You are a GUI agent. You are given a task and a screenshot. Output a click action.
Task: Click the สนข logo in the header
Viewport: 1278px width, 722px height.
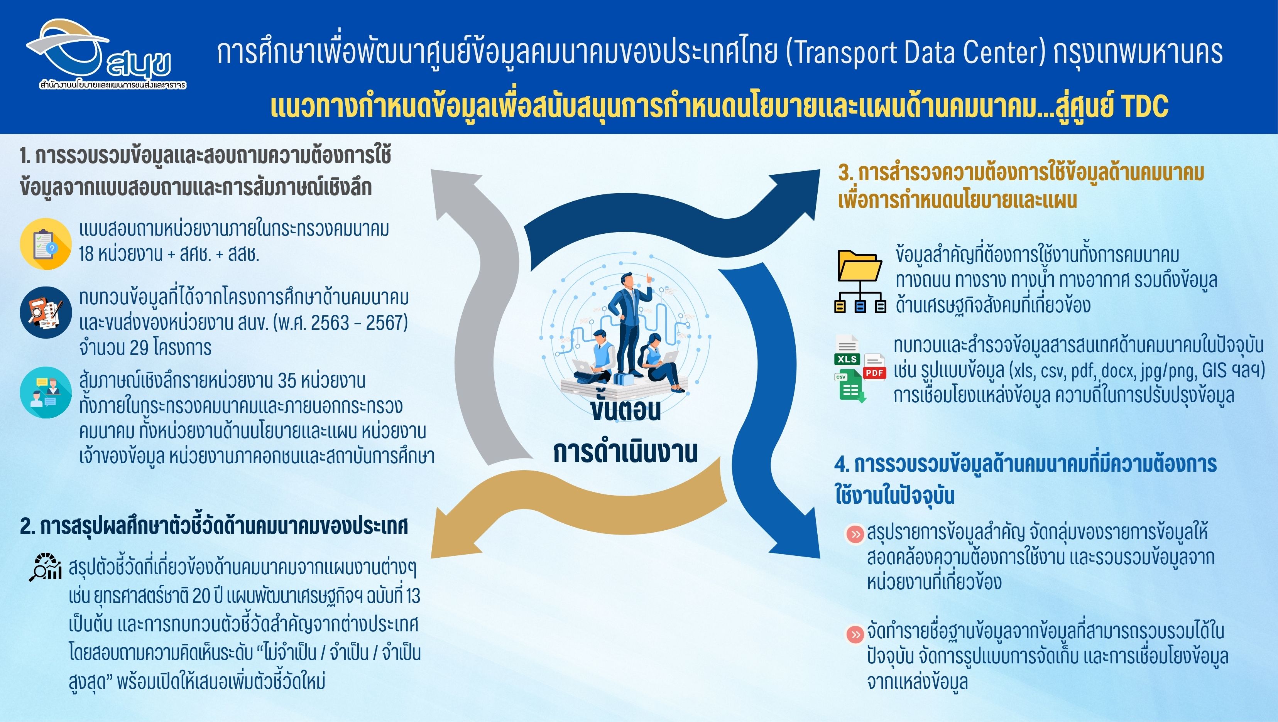coord(106,54)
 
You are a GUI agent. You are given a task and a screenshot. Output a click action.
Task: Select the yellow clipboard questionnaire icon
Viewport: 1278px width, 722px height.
coord(46,244)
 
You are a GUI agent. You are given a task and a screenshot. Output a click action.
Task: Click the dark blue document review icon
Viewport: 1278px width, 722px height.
coord(46,313)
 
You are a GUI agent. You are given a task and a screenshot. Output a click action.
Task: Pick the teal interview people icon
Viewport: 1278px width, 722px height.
coord(46,393)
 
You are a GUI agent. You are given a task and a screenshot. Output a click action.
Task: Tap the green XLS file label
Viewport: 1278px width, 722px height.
coord(847,359)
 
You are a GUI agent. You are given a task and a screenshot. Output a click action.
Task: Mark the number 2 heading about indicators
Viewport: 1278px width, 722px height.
coord(214,526)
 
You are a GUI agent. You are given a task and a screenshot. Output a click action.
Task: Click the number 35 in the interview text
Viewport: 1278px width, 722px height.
coord(287,381)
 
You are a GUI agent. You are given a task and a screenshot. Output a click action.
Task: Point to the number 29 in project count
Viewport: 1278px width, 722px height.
coord(139,348)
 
